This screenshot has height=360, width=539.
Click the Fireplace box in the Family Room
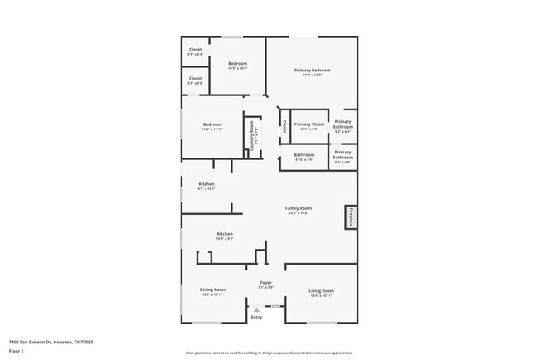coord(351,217)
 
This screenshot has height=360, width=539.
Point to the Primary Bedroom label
coord(312,71)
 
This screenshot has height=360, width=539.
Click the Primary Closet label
coord(308,124)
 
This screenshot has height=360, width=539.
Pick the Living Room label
coord(321,290)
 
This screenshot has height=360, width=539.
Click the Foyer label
coord(265,283)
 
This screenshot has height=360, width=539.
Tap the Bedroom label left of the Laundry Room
coord(213,124)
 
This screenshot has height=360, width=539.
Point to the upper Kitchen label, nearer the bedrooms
coord(206,184)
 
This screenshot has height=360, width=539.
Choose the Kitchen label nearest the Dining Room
coord(225,234)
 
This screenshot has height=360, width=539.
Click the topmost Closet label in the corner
coord(195,50)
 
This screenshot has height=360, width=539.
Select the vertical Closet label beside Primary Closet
coord(284,127)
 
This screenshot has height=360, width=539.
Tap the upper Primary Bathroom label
coord(343,123)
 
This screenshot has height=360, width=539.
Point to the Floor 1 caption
coord(16,351)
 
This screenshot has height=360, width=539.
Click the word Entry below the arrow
coord(256,317)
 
